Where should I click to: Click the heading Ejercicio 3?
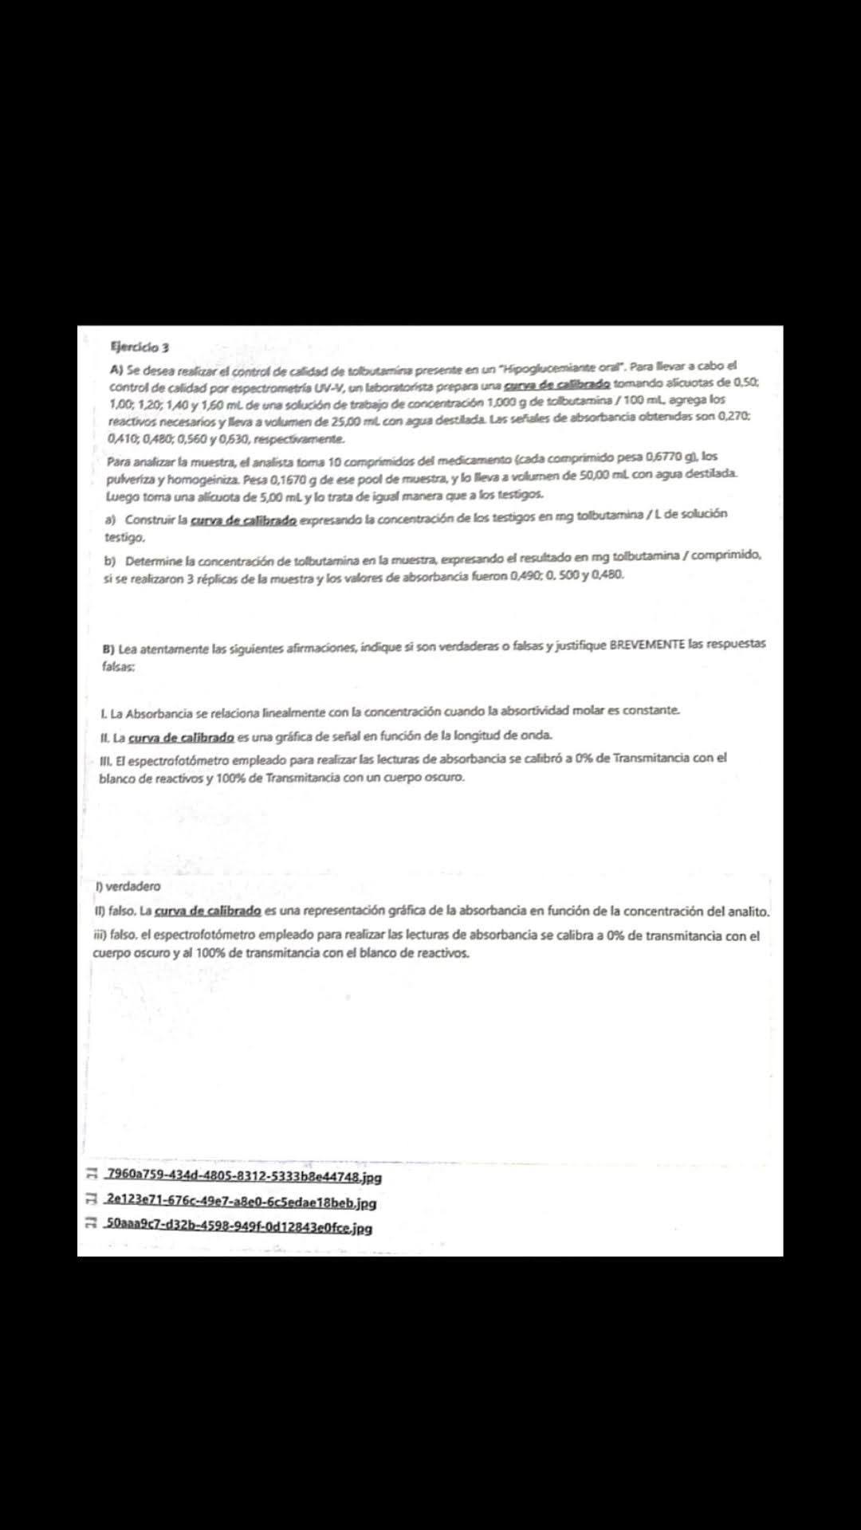coord(140,347)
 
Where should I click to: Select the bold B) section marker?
coord(108,649)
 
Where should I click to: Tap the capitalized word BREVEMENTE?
coord(647,644)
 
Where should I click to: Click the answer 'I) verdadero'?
coord(128,886)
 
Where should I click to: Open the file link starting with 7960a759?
coord(244,1176)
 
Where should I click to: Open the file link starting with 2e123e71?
coord(241,1202)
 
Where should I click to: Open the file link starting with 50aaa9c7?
coord(238,1227)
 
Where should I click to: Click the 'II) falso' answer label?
coord(115,911)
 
